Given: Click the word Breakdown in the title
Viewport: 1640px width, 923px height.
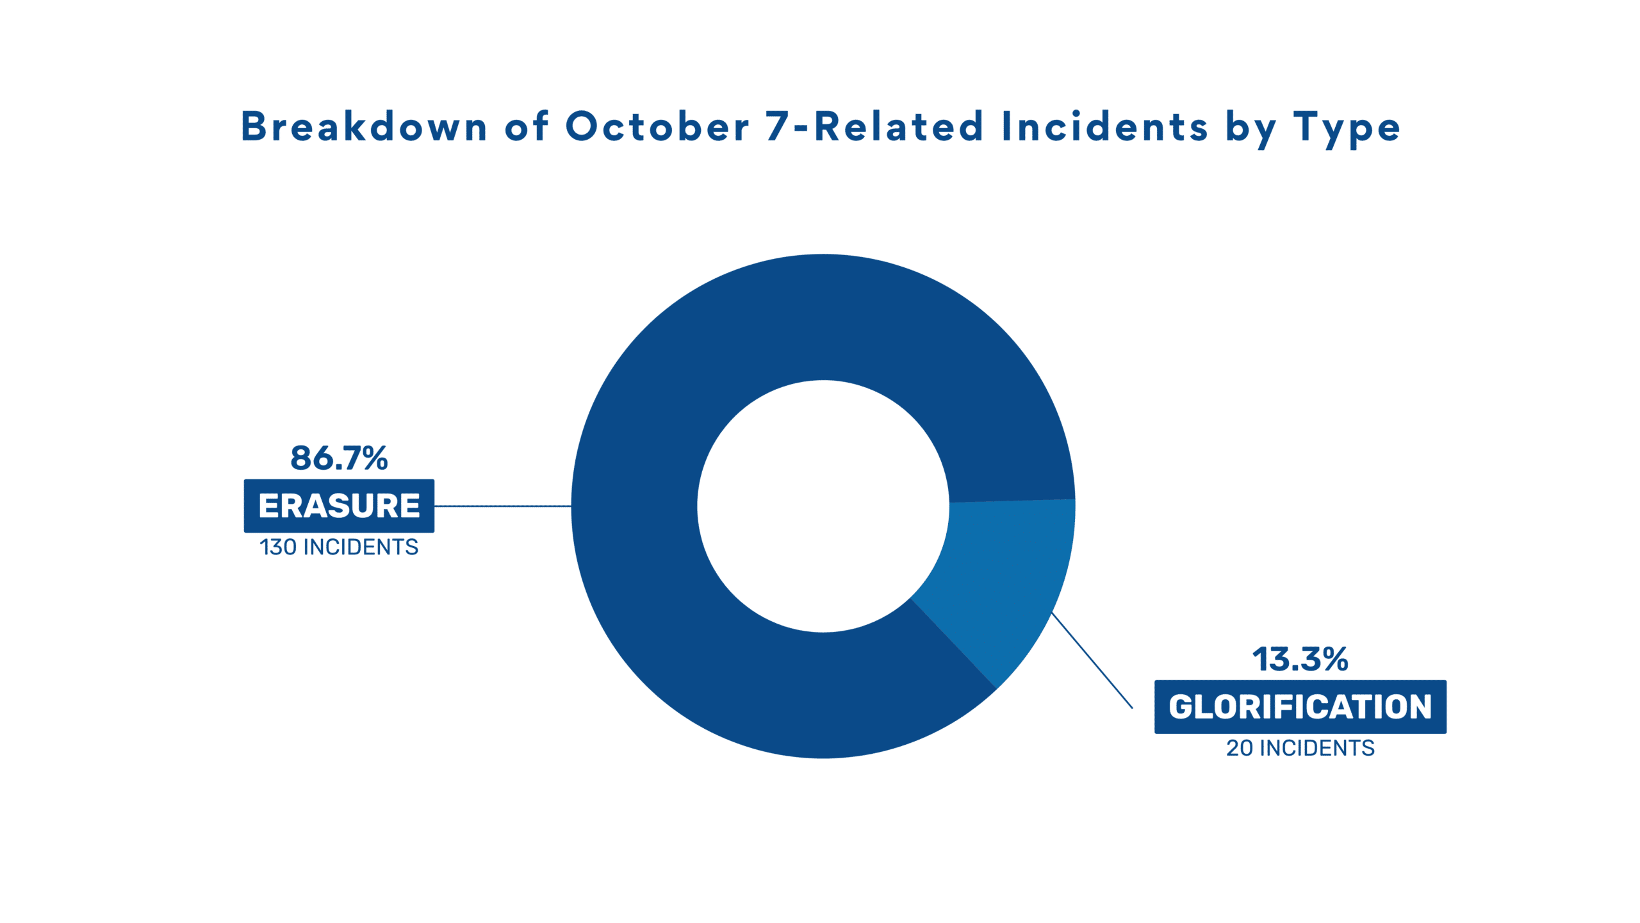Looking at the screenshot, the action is click(x=364, y=126).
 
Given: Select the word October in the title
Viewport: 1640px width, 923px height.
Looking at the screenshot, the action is click(x=657, y=126).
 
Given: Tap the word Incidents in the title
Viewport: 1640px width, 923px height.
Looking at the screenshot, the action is click(x=1104, y=126).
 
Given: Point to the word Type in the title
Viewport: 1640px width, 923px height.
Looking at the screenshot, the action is click(x=1347, y=129).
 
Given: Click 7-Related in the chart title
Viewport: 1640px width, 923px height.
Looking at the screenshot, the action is click(x=874, y=126).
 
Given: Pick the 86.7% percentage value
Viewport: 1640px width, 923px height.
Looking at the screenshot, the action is click(x=339, y=458).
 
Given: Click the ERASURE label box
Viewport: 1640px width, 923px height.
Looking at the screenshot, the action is click(x=339, y=506).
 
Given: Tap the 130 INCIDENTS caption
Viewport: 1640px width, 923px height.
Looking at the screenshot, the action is click(x=339, y=547).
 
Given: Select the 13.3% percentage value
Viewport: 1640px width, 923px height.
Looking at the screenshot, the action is click(x=1300, y=659).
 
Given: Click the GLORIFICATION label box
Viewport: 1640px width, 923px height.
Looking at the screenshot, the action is click(x=1300, y=706).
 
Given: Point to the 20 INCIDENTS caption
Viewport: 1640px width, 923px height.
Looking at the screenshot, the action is click(x=1300, y=748).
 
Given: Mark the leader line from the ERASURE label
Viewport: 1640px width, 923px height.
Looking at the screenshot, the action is click(x=503, y=506).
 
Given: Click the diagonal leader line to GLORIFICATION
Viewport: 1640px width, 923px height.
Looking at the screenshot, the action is click(x=1092, y=660).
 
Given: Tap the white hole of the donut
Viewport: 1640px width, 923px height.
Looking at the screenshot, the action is click(x=823, y=506).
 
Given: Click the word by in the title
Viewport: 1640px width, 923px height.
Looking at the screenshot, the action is click(x=1250, y=129).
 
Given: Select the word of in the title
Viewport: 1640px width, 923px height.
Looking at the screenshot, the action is click(x=526, y=126).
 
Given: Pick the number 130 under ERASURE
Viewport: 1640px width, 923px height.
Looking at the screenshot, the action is click(x=278, y=547).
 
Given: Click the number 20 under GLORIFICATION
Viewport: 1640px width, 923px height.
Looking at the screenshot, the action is click(x=1240, y=748).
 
